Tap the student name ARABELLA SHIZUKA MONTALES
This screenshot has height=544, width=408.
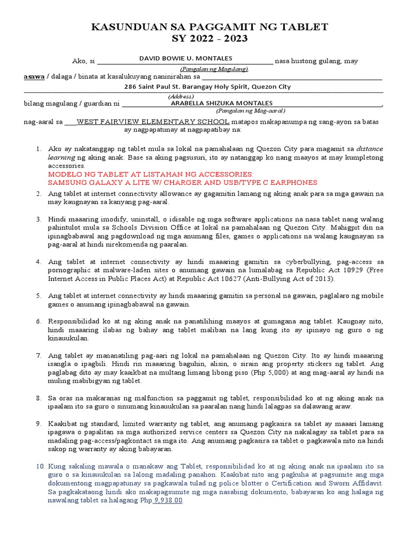(222, 103)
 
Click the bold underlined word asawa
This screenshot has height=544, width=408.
(34, 77)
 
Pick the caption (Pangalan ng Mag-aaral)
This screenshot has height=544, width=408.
(250, 110)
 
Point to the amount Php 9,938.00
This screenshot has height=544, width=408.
(167, 500)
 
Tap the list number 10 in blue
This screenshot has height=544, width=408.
(41, 466)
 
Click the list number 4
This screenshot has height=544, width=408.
(39, 262)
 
